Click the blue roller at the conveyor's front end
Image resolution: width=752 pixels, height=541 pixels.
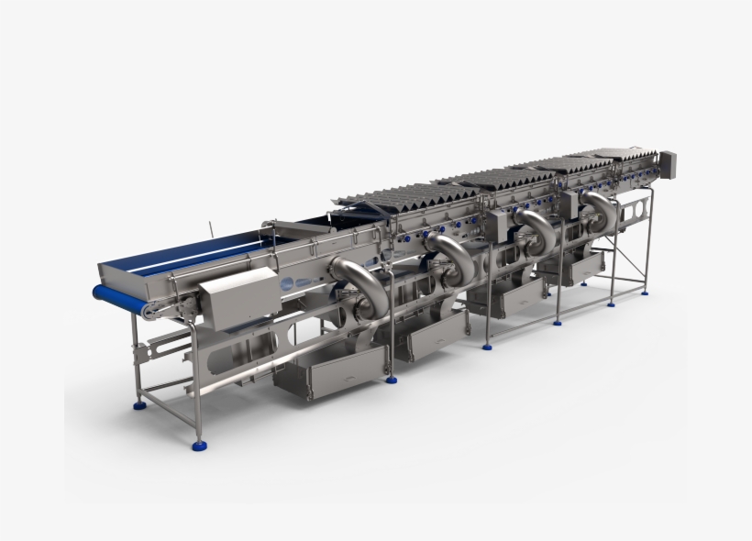pyautogui.click(x=118, y=297)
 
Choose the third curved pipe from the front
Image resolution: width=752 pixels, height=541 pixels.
pyautogui.click(x=536, y=228)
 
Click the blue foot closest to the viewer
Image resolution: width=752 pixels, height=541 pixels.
pyautogui.click(x=198, y=446)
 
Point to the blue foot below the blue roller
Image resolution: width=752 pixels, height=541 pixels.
pyautogui.click(x=139, y=403)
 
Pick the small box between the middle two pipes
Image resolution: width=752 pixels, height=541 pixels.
pyautogui.click(x=501, y=223)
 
